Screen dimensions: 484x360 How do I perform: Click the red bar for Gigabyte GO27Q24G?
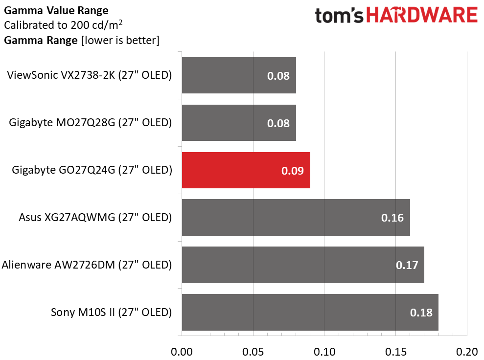(246, 170)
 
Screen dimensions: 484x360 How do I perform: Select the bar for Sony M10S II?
(310, 312)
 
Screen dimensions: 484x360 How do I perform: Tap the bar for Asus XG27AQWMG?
(296, 218)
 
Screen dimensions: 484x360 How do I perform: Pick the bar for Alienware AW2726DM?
(303, 265)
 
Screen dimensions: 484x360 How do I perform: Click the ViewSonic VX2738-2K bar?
(239, 75)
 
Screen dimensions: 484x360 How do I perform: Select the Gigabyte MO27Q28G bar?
(239, 123)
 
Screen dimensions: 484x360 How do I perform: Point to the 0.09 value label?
(292, 171)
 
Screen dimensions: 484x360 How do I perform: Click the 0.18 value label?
(421, 313)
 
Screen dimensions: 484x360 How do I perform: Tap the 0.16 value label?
(392, 218)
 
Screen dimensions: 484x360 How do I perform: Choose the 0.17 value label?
(407, 265)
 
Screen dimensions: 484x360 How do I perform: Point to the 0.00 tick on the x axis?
(182, 352)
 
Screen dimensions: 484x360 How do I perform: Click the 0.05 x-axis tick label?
(253, 352)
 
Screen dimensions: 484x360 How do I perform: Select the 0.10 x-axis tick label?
(324, 352)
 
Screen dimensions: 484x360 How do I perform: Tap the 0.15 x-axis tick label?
(396, 352)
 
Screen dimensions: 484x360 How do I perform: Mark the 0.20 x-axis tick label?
(467, 352)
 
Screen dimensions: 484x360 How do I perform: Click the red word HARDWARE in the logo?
(422, 15)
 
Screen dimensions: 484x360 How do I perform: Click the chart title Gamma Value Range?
(56, 10)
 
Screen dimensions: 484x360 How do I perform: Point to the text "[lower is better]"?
(120, 41)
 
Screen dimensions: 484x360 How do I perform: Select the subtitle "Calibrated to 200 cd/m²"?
(63, 24)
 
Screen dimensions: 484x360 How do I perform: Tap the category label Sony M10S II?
(111, 312)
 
